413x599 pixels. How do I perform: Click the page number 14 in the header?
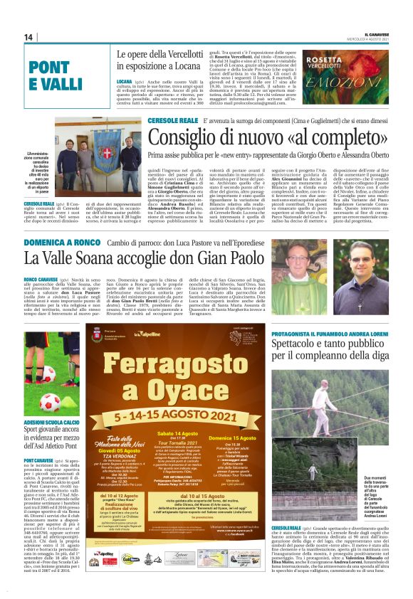click(x=29, y=37)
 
